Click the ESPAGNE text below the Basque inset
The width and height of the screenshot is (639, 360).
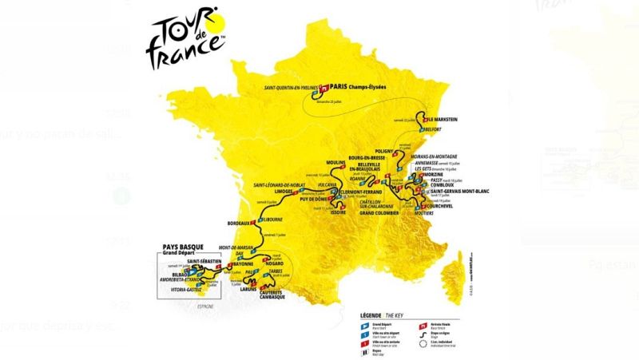(194, 305)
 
